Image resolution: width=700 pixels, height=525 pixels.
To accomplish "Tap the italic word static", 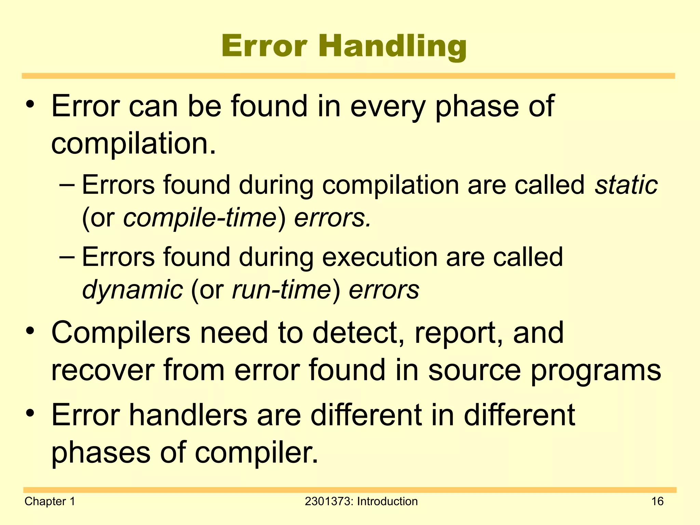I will click(x=626, y=185).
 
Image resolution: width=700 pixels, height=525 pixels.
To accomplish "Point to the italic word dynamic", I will click(x=133, y=290).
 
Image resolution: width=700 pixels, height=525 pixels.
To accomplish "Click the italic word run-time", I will click(x=281, y=290).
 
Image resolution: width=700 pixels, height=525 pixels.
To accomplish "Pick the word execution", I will click(x=379, y=257).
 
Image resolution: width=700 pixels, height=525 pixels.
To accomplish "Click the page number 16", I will click(x=657, y=501).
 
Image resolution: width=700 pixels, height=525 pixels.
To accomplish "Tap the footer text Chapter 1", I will click(x=50, y=501).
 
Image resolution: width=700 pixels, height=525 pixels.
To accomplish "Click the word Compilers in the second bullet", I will click(x=121, y=333).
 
